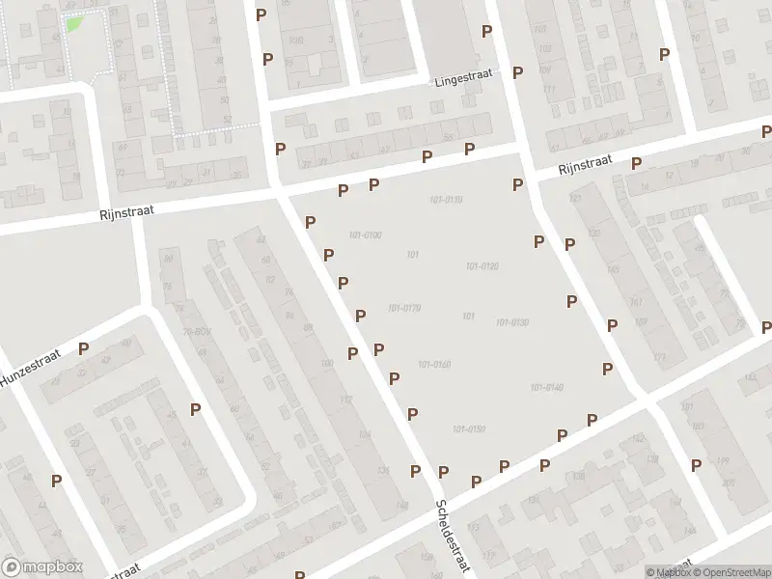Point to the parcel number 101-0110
[446, 200]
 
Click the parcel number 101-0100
[366, 235]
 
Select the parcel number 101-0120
[482, 266]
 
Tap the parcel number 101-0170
[403, 309]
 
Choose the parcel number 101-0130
[512, 322]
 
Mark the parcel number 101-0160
[434, 364]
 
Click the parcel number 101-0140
[546, 387]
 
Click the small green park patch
[73, 23]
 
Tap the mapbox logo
[42, 567]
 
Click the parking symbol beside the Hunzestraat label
[84, 349]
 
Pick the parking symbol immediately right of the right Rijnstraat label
[636, 163]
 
